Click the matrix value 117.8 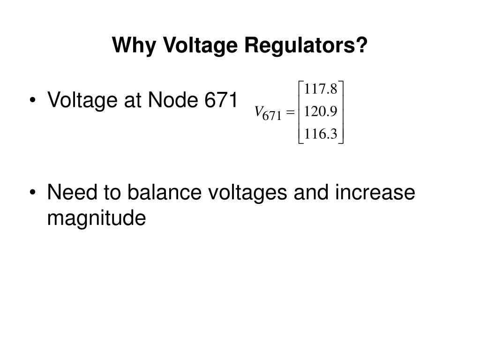click(321, 88)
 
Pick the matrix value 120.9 click(321, 112)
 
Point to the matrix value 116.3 click(321, 135)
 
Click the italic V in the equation click(257, 112)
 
